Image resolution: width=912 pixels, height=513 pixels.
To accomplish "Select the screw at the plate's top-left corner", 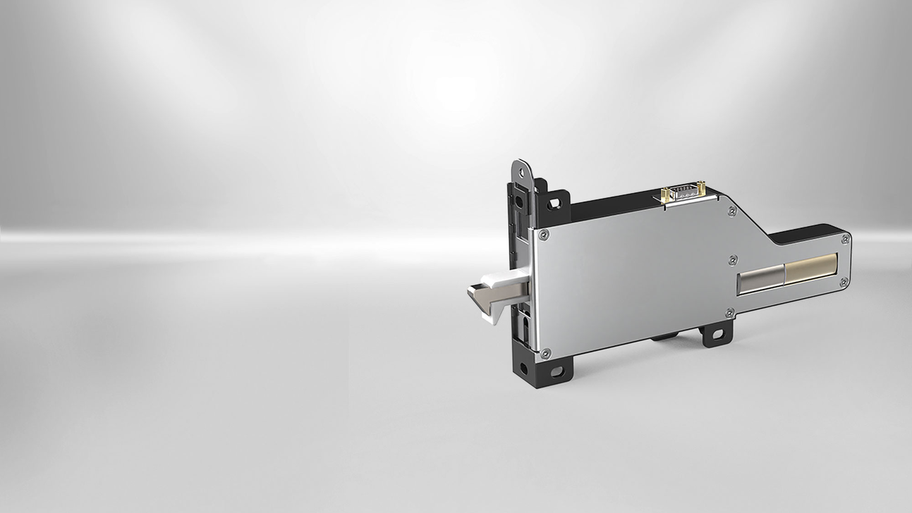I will pyautogui.click(x=542, y=236).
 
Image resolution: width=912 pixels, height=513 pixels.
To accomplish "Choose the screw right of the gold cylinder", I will pyautogui.click(x=844, y=281).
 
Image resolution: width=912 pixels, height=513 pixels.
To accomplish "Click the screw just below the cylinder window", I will pyautogui.click(x=730, y=311).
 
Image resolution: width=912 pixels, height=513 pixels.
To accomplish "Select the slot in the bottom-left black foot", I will pyautogui.click(x=557, y=371).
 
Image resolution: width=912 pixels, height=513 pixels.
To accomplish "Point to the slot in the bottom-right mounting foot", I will pyautogui.click(x=717, y=333).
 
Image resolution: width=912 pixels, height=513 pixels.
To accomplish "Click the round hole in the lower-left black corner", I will pyautogui.click(x=523, y=367).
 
